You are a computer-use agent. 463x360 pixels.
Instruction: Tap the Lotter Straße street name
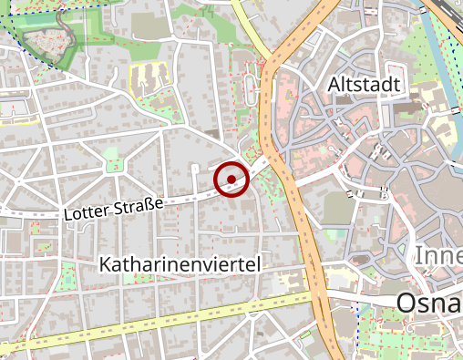pos(113,208)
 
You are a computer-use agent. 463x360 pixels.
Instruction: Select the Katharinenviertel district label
pos(180,264)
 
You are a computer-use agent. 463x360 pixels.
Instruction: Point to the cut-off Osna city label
pos(428,303)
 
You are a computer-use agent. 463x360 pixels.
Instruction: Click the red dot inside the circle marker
pos(231,179)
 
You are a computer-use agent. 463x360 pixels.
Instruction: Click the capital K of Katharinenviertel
pos(106,264)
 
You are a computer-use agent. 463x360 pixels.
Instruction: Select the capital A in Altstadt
pos(334,84)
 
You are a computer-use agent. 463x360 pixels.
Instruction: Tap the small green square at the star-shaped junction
pos(113,165)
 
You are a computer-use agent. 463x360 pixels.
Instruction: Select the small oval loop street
pos(248,87)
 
